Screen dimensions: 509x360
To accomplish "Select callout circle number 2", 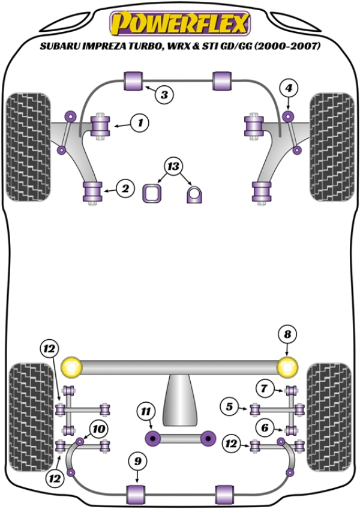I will pyautogui.click(x=125, y=190).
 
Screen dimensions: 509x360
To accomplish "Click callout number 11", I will pyautogui.click(x=144, y=411).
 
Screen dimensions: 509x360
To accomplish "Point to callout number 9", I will pyautogui.click(x=137, y=462).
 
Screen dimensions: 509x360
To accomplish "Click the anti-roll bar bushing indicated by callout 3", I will pyautogui.click(x=133, y=80).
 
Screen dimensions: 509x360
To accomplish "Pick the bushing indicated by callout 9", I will pyautogui.click(x=137, y=494).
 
